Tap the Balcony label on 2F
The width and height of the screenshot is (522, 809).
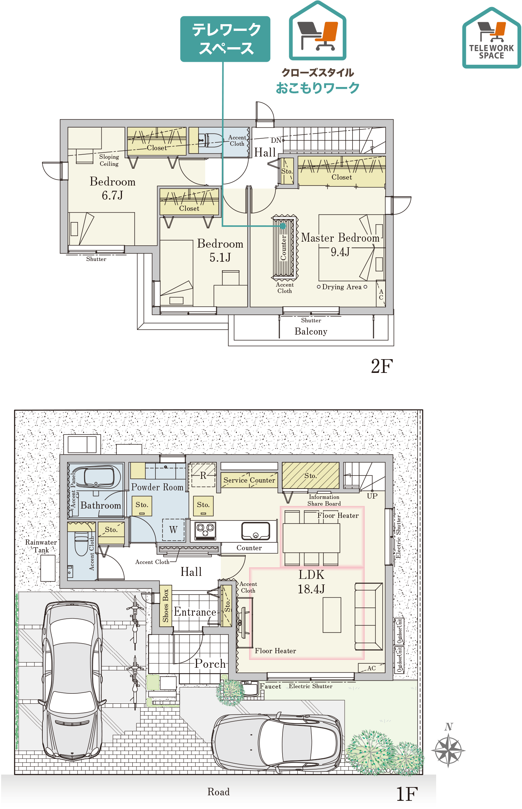[311, 331]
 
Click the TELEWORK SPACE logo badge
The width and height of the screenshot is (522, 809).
[492, 38]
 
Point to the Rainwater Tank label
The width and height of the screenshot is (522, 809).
[41, 546]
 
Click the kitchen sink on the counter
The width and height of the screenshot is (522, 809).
[255, 531]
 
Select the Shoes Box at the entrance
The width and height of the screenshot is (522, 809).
[165, 606]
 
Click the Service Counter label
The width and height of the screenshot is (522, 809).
[249, 480]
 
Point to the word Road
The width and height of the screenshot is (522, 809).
[218, 792]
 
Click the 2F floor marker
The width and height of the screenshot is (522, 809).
[382, 366]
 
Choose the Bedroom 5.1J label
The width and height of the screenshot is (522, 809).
[220, 251]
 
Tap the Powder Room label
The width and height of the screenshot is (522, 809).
[157, 487]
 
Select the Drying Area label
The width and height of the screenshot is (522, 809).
[342, 287]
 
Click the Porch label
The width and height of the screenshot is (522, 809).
[210, 664]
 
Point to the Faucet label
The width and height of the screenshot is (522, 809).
[270, 686]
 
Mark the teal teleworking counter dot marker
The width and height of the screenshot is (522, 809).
[283, 226]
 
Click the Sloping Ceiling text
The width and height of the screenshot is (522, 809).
[109, 160]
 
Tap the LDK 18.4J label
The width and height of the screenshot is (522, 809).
[311, 582]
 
